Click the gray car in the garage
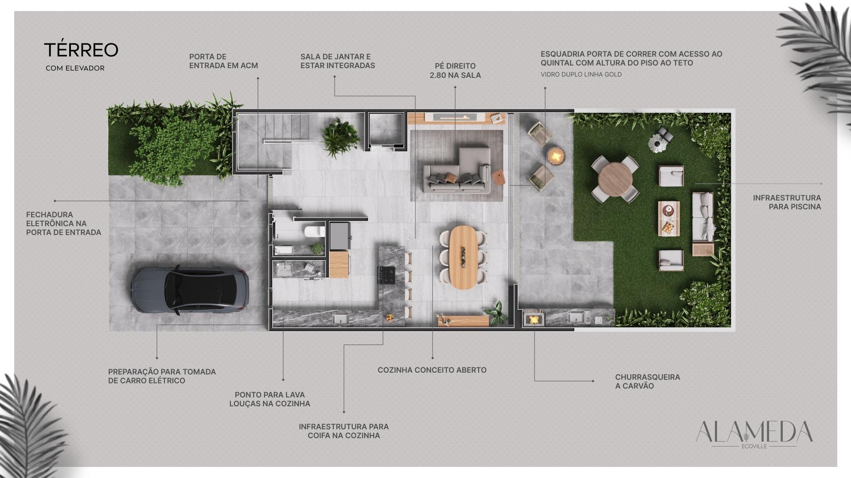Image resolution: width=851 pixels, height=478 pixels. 190,290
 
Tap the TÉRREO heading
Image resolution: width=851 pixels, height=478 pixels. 81,50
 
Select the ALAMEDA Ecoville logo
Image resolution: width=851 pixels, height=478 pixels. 754,434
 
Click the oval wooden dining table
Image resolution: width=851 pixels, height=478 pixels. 462,257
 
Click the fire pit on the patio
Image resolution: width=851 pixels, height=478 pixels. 555,155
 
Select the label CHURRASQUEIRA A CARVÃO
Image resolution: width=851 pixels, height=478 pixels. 647,382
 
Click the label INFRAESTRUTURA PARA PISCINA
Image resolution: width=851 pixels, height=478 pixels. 787,202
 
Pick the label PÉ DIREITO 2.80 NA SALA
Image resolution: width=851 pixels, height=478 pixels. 455,71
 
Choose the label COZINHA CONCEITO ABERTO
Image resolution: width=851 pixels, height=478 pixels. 432,370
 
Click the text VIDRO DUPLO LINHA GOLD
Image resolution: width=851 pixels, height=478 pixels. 581,74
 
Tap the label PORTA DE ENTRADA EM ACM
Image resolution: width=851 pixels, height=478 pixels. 223,61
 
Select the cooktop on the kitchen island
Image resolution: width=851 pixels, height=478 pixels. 386,275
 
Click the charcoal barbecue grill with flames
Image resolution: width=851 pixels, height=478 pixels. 534,318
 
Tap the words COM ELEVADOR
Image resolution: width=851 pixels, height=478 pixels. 75,68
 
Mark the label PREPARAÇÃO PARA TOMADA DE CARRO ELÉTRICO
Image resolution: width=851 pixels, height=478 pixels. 162,376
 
